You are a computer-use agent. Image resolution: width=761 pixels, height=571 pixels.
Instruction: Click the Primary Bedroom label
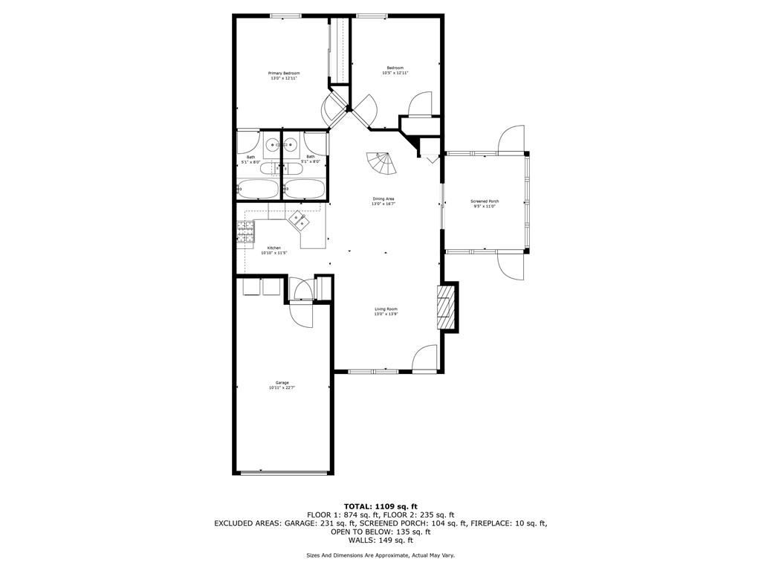284,75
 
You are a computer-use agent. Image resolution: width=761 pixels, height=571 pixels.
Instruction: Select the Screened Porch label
485,204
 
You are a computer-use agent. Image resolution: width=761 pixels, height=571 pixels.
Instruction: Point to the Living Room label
386,312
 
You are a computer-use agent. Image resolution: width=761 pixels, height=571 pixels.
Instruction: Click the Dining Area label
383,201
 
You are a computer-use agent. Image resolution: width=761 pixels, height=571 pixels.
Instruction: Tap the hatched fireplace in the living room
444,307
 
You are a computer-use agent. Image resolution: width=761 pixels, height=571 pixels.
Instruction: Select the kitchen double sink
300,220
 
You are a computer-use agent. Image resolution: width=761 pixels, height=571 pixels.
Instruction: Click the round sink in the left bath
272,144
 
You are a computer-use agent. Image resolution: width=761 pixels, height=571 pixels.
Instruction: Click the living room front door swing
425,358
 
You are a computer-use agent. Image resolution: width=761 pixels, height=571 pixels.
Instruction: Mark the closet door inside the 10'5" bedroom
418,103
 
